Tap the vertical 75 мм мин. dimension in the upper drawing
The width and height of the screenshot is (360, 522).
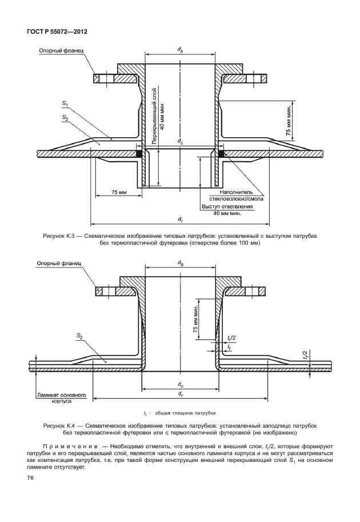pos(290,121)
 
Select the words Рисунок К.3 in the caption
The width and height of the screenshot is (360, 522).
pos(59,236)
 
